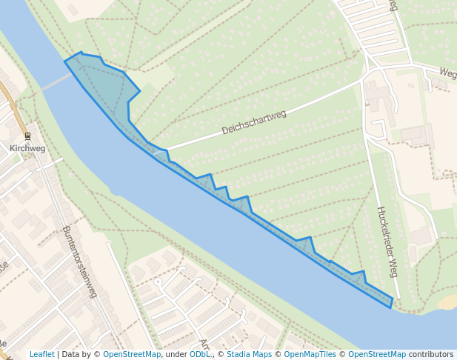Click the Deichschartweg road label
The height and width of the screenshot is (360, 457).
(254, 122)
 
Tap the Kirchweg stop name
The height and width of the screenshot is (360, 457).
(27, 148)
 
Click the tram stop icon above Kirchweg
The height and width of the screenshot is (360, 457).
(27, 136)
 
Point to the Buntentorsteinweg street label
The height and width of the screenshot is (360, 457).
(80, 261)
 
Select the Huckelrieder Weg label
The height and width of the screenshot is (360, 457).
(387, 241)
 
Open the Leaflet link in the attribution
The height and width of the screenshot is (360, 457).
(41, 354)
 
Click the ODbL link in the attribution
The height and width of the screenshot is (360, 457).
(200, 354)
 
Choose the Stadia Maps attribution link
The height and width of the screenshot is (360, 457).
(249, 354)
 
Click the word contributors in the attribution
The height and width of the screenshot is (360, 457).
(431, 354)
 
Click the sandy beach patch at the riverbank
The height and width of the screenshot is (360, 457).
(447, 301)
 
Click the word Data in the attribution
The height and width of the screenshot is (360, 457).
(71, 354)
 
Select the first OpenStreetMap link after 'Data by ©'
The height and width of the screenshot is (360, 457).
(132, 354)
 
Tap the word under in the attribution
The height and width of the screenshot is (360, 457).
(176, 354)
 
